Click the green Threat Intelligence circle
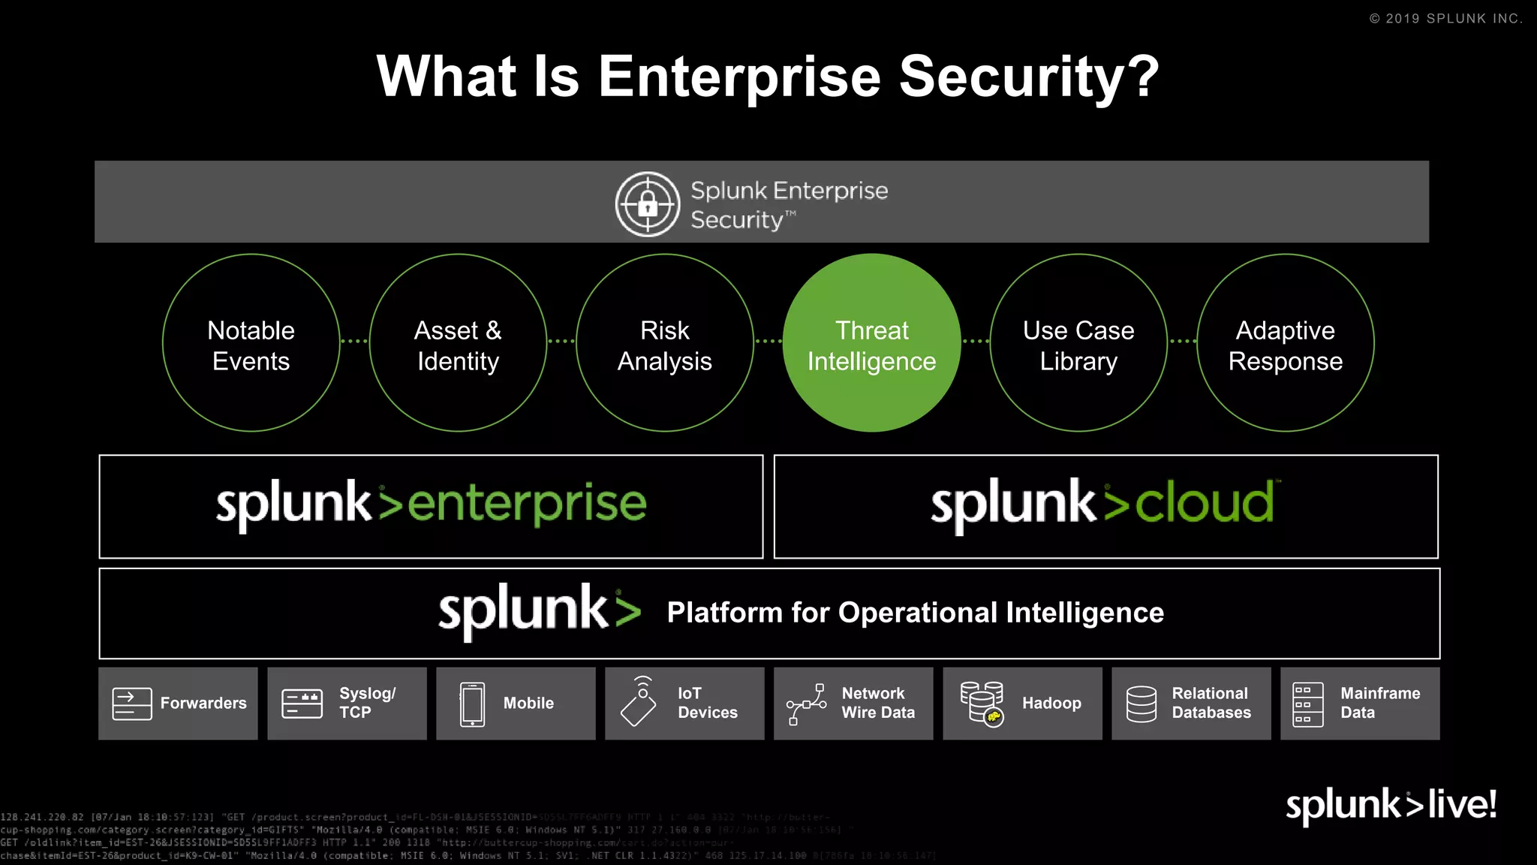coord(871,343)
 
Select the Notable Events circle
coord(251,343)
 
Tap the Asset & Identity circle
coord(458,343)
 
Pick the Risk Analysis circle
coord(665,343)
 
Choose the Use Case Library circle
coord(1078,343)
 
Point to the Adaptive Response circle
coord(1286,343)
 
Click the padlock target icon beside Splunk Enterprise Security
coord(648,204)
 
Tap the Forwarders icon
coord(132,704)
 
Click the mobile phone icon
coord(472,704)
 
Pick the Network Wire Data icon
coord(806,704)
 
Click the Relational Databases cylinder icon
coord(1141,704)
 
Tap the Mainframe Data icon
coord(1307,704)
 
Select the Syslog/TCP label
coord(367,703)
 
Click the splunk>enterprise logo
coord(431,505)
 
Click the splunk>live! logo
coord(1391,806)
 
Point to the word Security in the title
coord(1028,77)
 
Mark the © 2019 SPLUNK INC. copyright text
coord(1445,19)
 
